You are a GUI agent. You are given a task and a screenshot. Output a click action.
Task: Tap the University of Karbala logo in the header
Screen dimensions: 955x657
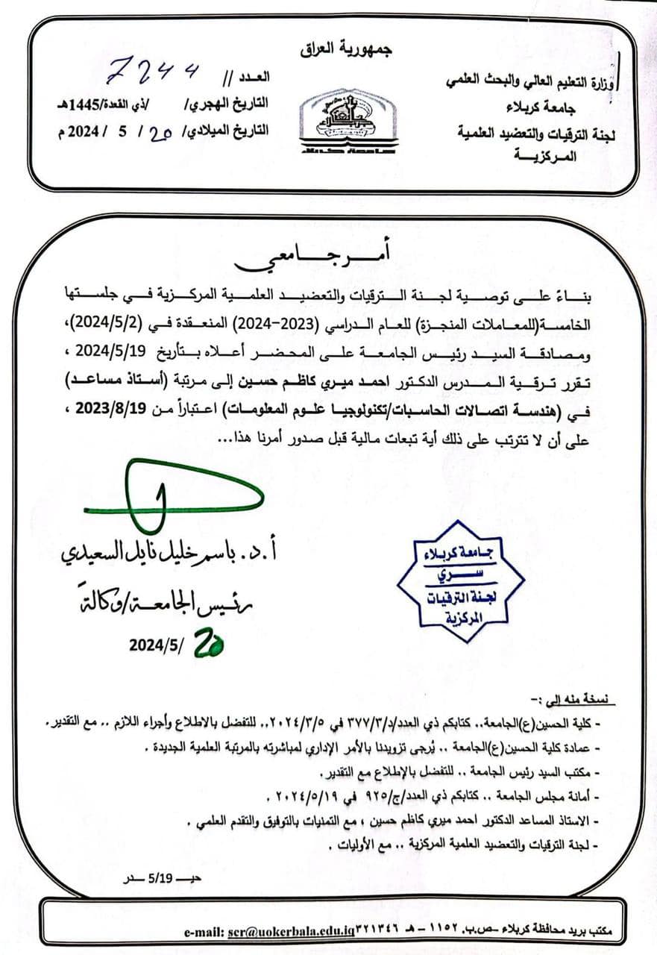348,121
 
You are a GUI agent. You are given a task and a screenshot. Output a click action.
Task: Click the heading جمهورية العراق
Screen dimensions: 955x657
346,50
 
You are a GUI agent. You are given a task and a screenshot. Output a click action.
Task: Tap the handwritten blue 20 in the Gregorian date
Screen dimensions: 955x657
162,132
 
